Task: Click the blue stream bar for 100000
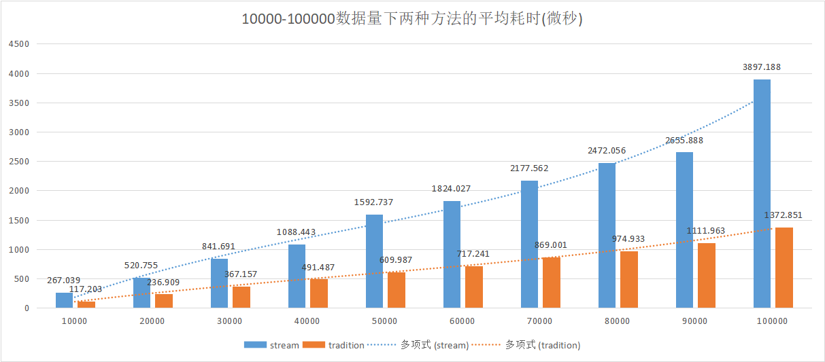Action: coord(762,194)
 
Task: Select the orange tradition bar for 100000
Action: coord(784,268)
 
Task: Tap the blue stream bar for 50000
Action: coord(374,261)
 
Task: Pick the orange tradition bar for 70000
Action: coord(552,283)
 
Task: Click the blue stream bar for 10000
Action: coord(64,300)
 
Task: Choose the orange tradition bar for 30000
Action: coord(241,297)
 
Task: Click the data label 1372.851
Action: coord(783,215)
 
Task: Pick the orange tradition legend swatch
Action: coord(314,345)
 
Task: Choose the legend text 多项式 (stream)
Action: coord(434,345)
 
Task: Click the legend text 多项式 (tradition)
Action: coord(542,345)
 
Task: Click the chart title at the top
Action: coord(412,18)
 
